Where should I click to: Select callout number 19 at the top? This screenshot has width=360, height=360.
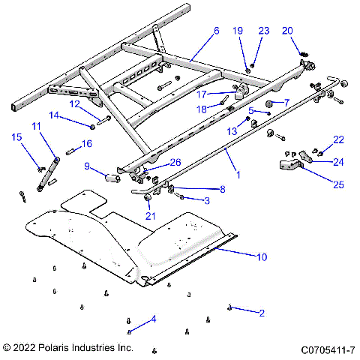click(238, 31)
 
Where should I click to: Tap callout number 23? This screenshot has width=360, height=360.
click(263, 31)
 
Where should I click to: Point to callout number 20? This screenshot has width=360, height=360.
click(287, 31)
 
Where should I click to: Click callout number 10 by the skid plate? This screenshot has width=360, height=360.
click(262, 257)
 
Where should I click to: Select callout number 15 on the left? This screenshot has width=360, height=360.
click(16, 136)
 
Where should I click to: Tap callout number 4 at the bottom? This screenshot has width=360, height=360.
click(154, 319)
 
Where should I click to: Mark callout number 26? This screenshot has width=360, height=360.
click(175, 162)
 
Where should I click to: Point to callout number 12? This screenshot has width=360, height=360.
click(75, 103)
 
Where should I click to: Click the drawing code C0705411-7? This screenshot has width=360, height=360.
click(328, 349)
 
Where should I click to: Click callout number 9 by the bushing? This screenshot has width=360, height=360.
click(88, 166)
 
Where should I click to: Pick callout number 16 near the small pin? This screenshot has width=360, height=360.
click(87, 143)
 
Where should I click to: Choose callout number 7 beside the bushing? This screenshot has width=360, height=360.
click(286, 102)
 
